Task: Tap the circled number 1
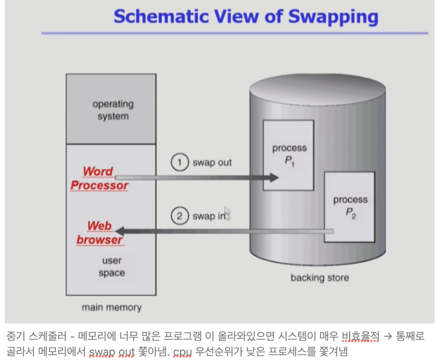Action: point(179,162)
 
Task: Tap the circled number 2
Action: point(179,216)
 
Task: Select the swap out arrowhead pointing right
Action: point(274,177)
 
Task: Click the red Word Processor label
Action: point(99,178)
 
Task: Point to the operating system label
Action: point(113,110)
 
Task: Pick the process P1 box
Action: point(289,154)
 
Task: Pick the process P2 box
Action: point(350,207)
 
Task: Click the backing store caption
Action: point(319,278)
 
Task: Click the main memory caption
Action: point(112,307)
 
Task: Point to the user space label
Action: point(112,267)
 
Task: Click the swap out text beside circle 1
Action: point(212,162)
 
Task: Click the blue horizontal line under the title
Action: point(234,33)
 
